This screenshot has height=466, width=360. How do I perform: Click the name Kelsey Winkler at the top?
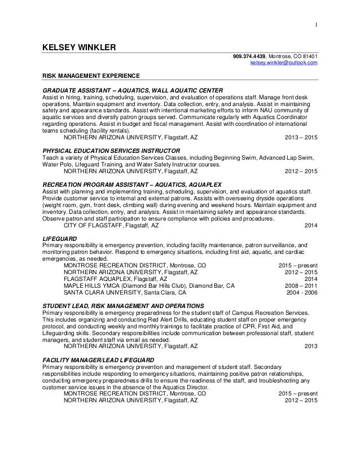coord(80,46)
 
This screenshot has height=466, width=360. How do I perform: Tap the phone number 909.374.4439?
coord(249,56)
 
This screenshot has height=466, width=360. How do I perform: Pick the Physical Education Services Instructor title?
coord(112,152)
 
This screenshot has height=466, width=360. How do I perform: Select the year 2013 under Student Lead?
coord(310,346)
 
